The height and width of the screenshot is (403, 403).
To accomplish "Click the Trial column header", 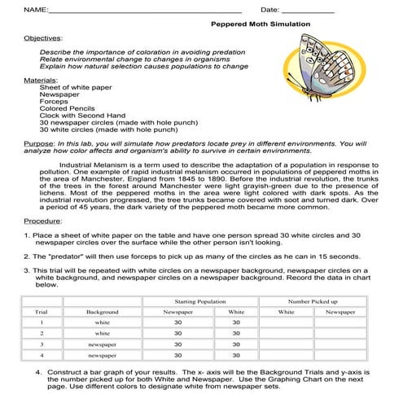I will click(x=41, y=312).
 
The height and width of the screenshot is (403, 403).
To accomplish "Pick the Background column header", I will click(x=103, y=312).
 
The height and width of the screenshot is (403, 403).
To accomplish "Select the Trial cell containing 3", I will click(x=41, y=344).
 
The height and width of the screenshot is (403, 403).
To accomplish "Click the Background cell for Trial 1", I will click(x=103, y=322).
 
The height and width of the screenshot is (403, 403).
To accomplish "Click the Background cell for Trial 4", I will click(x=103, y=355).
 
